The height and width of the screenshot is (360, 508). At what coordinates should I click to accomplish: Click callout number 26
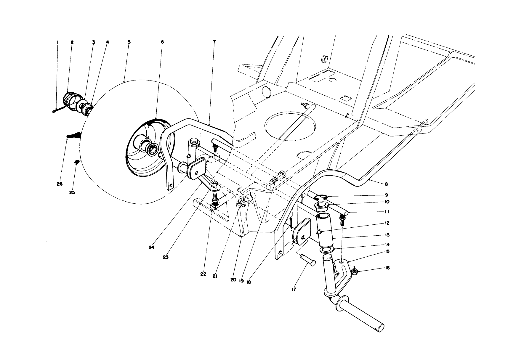point(60,184)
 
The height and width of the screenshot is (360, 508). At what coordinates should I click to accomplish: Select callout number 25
point(72,192)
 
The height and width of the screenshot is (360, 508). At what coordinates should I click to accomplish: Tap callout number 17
point(294,290)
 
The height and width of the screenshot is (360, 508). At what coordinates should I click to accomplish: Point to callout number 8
point(386,184)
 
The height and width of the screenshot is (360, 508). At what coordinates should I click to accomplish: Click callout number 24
point(152,248)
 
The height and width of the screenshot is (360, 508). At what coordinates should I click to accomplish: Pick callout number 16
point(387,268)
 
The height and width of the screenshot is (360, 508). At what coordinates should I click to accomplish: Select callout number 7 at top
point(214,42)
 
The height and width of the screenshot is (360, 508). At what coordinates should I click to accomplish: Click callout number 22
point(203,274)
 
